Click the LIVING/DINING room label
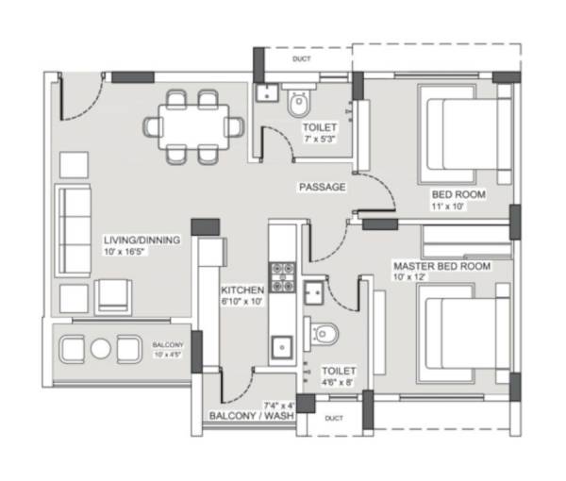pos(141,241)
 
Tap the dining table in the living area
pos(194,126)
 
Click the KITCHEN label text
pos(241,289)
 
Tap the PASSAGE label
pos(322,187)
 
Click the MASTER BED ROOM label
pos(441,267)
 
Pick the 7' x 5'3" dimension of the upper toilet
pos(320,139)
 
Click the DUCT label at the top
pos(302,58)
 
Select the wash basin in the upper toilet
pos(265,92)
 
